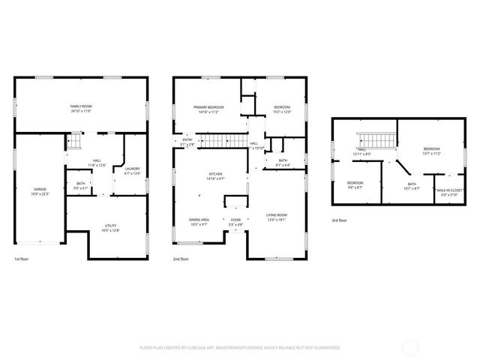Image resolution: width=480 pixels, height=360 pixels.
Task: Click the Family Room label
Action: tap(80, 109)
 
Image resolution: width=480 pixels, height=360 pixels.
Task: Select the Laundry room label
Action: tap(131, 170)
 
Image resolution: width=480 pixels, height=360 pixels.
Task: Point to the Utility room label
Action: tap(110, 228)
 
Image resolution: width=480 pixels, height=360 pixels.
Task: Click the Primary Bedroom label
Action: tap(206, 109)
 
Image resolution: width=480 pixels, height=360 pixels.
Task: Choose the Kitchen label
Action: tap(215, 177)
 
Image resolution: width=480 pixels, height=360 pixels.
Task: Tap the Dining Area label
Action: tap(199, 221)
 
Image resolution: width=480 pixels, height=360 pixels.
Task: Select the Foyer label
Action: tap(235, 221)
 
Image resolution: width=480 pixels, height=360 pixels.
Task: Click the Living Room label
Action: tap(277, 217)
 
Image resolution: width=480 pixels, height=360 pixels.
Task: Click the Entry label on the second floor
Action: tap(187, 141)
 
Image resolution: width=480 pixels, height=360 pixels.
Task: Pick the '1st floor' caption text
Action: tap(22, 259)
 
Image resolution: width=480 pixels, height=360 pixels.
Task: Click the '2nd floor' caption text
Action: tap(181, 259)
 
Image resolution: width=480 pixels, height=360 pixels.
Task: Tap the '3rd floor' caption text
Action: tap(340, 220)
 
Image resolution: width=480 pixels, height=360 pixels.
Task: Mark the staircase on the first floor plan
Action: tap(74, 140)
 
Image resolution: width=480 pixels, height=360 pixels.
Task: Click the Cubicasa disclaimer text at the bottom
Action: tap(240, 347)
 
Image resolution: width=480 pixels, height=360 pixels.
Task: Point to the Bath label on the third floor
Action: tap(412, 186)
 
